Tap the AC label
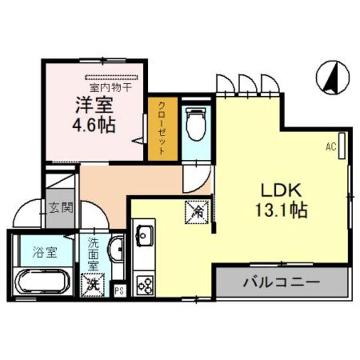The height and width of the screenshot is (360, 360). pyautogui.click(x=330, y=147)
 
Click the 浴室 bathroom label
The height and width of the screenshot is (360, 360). pyautogui.click(x=46, y=251)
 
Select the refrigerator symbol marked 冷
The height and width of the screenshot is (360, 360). pyautogui.click(x=197, y=212)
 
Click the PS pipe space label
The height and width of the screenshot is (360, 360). pyautogui.click(x=119, y=291)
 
